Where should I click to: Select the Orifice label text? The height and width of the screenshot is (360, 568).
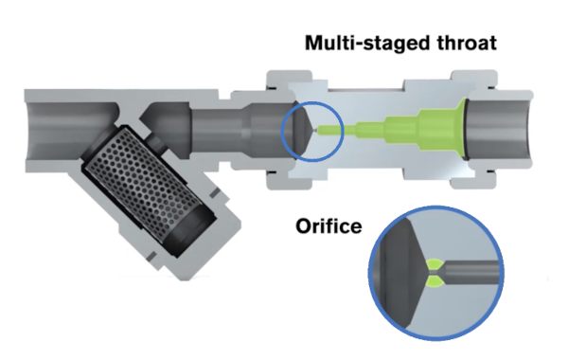[x=328, y=226]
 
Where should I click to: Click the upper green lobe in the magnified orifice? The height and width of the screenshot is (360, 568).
[x=434, y=264]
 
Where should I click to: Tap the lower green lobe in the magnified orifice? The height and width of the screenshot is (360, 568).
[x=434, y=282]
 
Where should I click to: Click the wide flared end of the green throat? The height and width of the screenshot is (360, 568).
[x=459, y=130]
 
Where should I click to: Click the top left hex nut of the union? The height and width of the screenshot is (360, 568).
[x=289, y=80]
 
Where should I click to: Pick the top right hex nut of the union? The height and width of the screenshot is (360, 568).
[x=474, y=80]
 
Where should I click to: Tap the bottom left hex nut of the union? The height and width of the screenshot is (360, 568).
[x=289, y=180]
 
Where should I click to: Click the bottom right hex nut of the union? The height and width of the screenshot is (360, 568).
[x=474, y=179]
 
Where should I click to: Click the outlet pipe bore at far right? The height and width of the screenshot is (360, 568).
[x=499, y=130]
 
